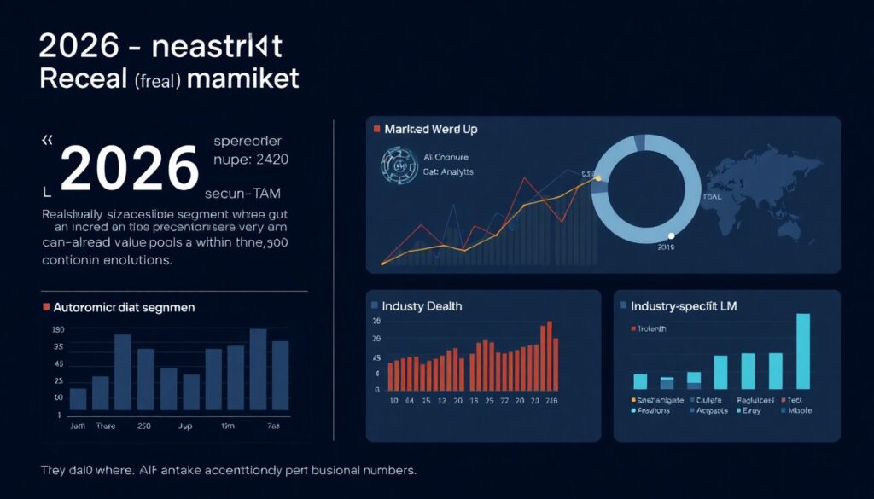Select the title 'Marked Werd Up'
coord(430,129)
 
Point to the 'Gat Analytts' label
coord(448,171)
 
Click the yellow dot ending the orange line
coord(597,178)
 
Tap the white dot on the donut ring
coord(672,235)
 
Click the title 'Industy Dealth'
coord(422,305)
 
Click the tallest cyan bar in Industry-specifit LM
coord(802,351)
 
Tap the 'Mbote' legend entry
coord(798,410)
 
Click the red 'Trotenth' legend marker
coord(633,328)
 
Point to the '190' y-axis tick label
coord(58,330)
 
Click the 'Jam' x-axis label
coord(78,425)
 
